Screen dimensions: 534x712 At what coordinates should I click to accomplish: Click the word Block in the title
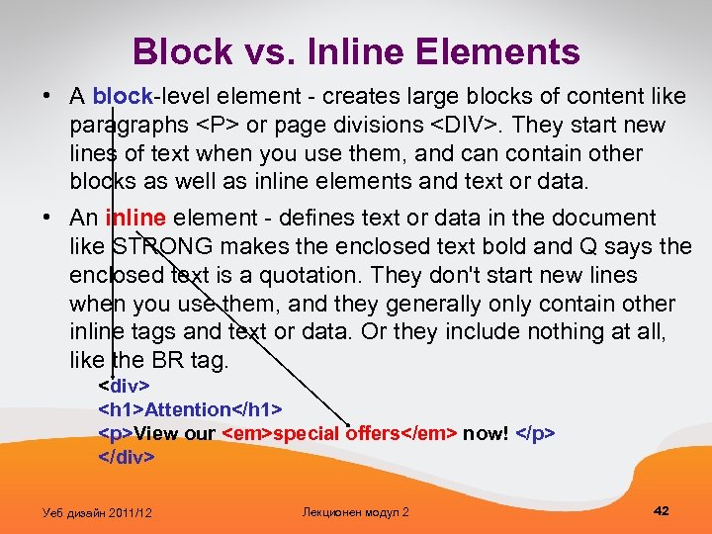coord(179,51)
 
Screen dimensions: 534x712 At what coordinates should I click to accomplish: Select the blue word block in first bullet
coord(122,97)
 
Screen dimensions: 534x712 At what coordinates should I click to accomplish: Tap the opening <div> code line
coord(124,384)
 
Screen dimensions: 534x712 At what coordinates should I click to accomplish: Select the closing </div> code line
coord(127,457)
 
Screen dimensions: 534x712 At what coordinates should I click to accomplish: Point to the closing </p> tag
coord(535,433)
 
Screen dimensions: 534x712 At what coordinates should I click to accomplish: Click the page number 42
coord(662,510)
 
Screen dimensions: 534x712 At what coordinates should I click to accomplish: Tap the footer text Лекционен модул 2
coord(355,511)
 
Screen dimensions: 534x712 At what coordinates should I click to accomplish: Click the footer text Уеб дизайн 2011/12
coord(97,511)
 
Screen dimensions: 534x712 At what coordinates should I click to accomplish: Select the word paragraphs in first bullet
coord(125,126)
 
